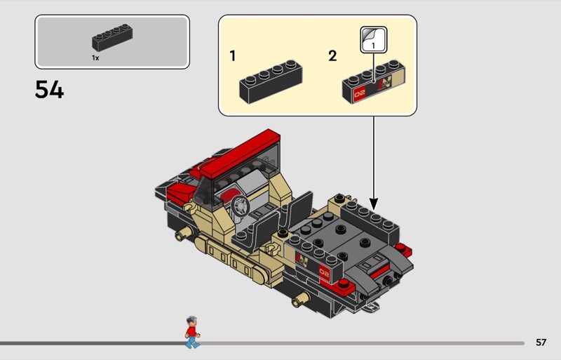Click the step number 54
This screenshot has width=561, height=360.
click(x=49, y=89)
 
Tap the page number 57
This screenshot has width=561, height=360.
click(x=541, y=342)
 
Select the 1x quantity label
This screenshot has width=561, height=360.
click(x=95, y=58)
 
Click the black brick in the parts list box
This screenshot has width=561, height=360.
click(x=112, y=37)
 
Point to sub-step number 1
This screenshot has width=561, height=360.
click(x=233, y=56)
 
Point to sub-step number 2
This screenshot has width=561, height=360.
click(x=332, y=56)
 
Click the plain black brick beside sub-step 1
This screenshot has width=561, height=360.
click(x=271, y=81)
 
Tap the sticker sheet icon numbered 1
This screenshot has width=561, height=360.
click(x=374, y=39)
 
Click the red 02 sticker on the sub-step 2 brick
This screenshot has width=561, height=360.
click(x=360, y=94)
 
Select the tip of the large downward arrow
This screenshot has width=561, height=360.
click(x=374, y=210)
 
